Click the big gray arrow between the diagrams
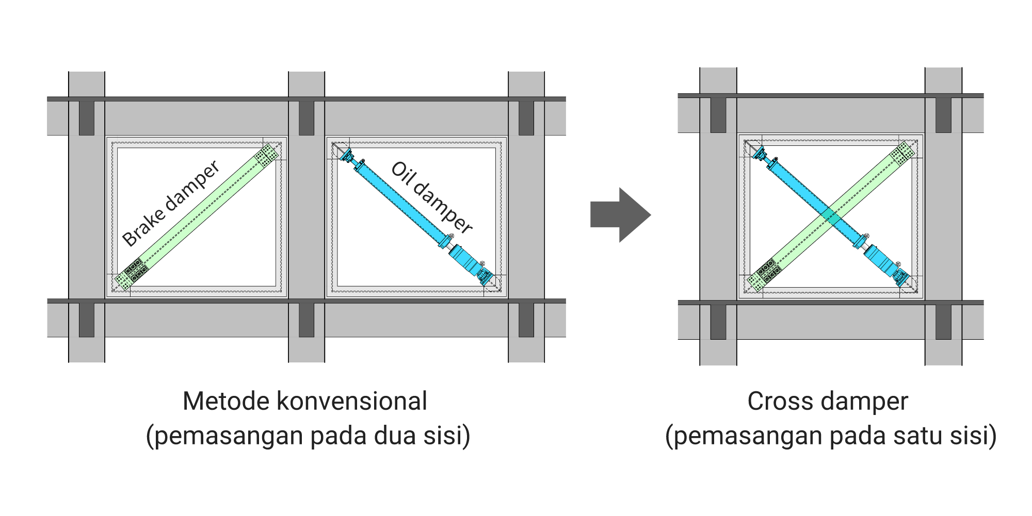pos(619,215)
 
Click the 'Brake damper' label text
pos(171,204)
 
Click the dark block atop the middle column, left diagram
pos(307,118)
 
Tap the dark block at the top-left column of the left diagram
pos(87,118)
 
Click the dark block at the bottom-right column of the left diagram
pos(526,320)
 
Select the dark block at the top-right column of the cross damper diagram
pos(943,115)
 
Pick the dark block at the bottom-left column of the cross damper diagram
pos(718,322)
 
